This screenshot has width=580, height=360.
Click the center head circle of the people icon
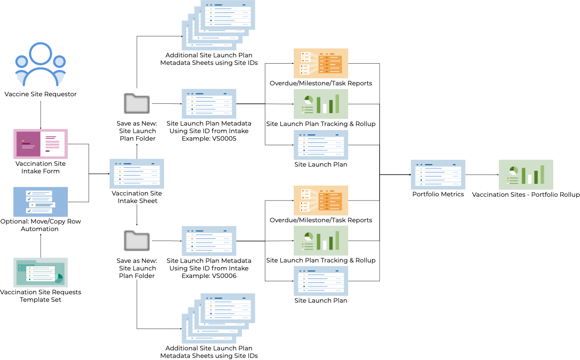(41, 54)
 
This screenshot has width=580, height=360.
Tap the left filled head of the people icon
(22, 62)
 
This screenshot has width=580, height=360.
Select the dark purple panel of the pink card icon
(28, 144)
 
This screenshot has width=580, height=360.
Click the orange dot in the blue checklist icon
(32, 205)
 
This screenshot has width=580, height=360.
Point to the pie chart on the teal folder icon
(58, 278)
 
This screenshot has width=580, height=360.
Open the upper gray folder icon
(136, 103)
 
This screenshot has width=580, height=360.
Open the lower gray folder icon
(136, 241)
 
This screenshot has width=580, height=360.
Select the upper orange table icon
(321, 63)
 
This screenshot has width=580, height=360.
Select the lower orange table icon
(321, 201)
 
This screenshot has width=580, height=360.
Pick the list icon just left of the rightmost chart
(438, 175)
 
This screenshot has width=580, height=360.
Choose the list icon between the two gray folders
(136, 174)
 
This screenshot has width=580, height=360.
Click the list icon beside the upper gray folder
(209, 104)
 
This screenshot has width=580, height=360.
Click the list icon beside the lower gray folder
(209, 241)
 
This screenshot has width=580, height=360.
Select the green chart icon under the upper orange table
(321, 104)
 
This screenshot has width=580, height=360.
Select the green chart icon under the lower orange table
(321, 241)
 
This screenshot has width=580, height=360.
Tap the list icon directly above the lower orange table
(321, 145)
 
